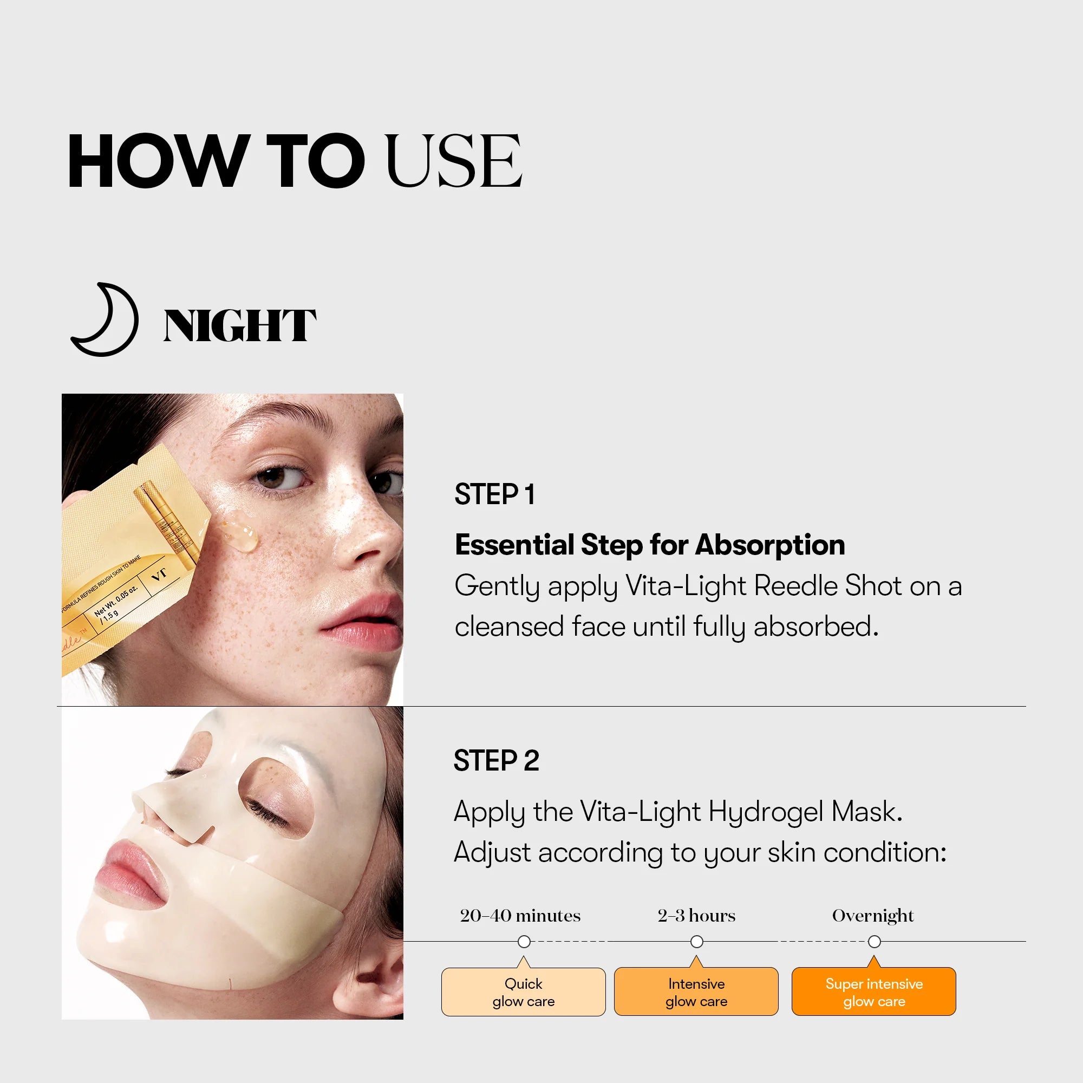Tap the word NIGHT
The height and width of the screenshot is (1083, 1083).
click(x=239, y=325)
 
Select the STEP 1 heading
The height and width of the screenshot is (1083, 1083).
click(x=494, y=494)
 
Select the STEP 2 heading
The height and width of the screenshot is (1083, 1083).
click(x=496, y=761)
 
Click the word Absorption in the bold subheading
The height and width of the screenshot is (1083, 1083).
click(x=769, y=545)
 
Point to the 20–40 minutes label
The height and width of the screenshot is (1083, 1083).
click(x=520, y=915)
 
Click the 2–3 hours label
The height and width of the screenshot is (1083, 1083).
click(x=696, y=915)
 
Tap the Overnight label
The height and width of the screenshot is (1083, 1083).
click(x=873, y=915)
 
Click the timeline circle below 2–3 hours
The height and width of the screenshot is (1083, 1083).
click(x=697, y=942)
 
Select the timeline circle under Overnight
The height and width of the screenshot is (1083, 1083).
click(x=875, y=942)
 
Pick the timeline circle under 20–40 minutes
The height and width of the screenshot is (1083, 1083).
click(x=524, y=942)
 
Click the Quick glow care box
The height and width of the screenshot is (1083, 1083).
click(x=524, y=992)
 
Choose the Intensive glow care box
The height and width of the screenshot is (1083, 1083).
click(x=696, y=992)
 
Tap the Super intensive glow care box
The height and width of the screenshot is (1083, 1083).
click(x=874, y=992)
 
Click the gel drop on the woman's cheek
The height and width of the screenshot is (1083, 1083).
click(x=240, y=530)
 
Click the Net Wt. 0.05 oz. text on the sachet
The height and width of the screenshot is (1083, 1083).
click(x=115, y=601)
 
